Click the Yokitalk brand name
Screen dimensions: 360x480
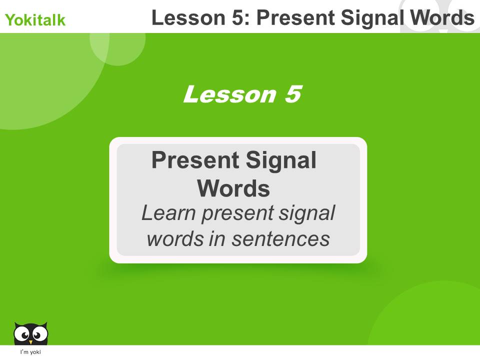click(x=35, y=20)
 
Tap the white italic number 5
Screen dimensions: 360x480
click(x=292, y=94)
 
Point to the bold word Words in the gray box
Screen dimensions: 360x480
click(x=233, y=188)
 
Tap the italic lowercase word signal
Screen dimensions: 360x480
click(x=307, y=214)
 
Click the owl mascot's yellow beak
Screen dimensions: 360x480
click(x=30, y=341)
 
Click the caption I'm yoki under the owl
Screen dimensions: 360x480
click(x=30, y=352)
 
